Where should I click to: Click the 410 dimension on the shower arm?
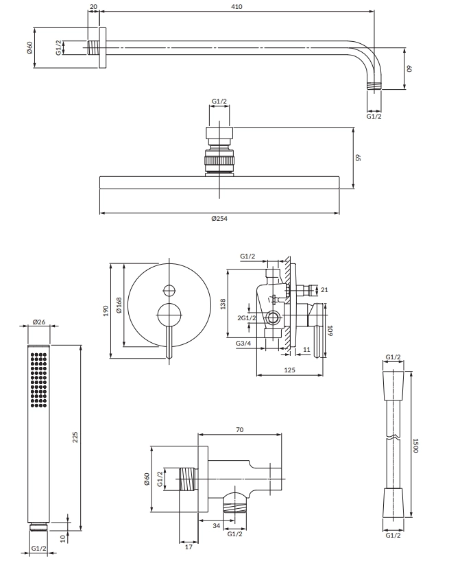[237, 6]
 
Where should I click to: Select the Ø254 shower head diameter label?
[219, 218]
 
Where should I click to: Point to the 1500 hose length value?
[415, 445]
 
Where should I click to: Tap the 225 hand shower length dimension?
[75, 437]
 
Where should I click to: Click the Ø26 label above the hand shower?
[39, 322]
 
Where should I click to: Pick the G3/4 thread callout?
[243, 344]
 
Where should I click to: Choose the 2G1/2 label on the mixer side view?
[247, 318]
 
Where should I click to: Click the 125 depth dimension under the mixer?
[289, 370]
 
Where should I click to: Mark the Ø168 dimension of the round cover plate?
[119, 305]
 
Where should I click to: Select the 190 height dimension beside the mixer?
[106, 311]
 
